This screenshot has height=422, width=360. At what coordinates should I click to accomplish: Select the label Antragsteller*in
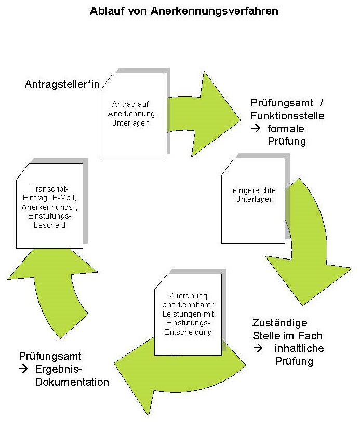(62, 84)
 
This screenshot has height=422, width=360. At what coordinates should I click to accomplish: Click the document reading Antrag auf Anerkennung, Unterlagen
(132, 115)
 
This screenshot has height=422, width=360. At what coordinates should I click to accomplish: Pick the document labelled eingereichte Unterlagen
(253, 200)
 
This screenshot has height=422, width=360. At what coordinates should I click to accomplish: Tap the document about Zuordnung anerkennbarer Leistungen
(188, 314)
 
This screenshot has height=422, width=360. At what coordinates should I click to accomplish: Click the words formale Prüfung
(286, 134)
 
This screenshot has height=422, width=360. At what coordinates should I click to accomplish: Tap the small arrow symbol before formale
(257, 128)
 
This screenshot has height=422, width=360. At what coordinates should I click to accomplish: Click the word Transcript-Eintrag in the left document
(50, 193)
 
